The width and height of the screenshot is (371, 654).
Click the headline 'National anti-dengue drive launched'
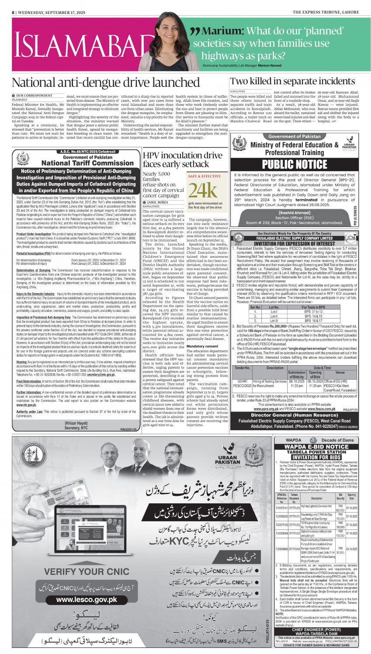tap(106, 83)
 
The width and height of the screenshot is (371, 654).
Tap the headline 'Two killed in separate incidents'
tap(292, 81)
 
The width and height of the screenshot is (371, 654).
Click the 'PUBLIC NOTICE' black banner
tap(295, 164)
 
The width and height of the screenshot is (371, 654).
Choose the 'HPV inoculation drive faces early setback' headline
tap(183, 159)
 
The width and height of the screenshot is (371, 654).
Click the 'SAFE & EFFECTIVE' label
tap(204, 176)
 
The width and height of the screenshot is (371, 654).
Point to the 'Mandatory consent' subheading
tap(202, 346)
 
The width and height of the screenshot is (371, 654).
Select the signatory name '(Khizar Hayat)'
tap(76, 423)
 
